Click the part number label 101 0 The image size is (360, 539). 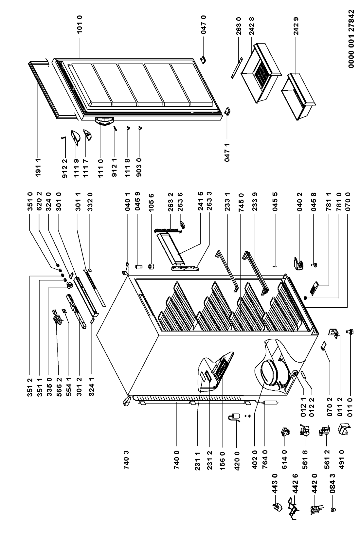point(80,24)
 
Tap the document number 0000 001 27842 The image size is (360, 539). point(351,39)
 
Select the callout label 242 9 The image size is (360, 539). point(296,26)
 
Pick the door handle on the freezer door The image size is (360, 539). point(104,121)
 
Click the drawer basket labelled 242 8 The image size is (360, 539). point(261,72)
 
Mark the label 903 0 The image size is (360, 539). point(139,167)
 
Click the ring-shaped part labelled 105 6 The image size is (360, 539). point(152,267)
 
